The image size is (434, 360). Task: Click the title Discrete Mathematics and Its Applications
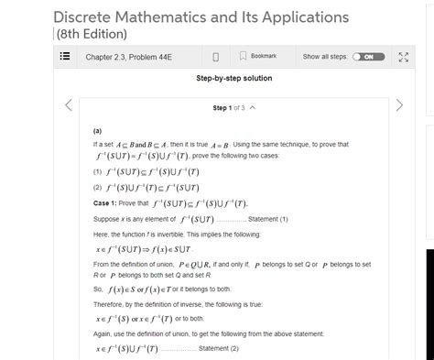201,17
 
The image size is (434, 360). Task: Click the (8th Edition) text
95,36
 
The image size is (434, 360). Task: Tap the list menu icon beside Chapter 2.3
65,58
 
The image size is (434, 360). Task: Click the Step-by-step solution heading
233,79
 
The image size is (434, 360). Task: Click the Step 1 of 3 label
229,108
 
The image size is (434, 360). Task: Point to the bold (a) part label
98,131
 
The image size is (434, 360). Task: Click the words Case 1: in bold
108,202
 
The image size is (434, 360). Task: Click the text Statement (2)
219,349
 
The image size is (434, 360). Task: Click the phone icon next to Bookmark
214,58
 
